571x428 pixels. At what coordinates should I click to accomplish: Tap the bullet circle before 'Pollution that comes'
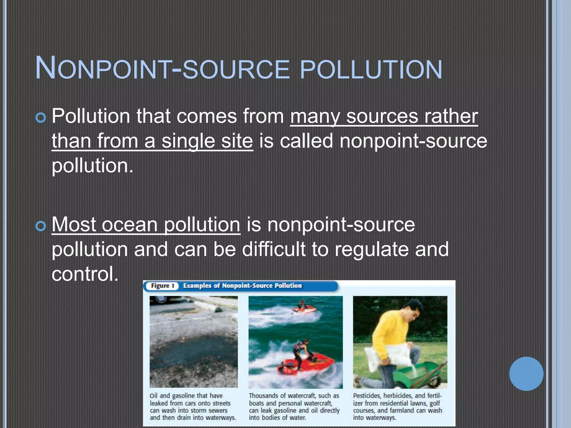[41, 118]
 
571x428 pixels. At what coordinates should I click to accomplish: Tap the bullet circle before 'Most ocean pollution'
[41, 226]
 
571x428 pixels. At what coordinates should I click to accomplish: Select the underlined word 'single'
[188, 141]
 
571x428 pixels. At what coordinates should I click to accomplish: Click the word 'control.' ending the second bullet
[85, 274]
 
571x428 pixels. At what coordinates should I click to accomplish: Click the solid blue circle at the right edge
[526, 374]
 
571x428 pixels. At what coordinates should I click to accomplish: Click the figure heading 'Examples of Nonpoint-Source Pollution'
[242, 286]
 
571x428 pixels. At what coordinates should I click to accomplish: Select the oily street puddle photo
[193, 342]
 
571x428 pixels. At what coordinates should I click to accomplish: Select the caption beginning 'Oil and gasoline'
[192, 407]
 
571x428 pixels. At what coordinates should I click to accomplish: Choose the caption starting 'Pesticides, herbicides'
[397, 407]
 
